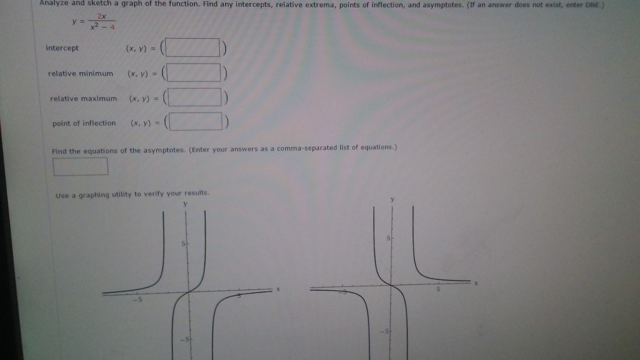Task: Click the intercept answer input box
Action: [196, 48]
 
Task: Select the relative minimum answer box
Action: [196, 73]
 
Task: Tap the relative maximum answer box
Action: [197, 98]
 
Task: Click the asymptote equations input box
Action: [81, 166]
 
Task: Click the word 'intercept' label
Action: [62, 48]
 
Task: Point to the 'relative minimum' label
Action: [81, 74]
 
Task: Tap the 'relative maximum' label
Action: [83, 99]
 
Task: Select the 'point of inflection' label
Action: [84, 123]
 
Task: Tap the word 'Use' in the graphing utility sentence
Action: [62, 194]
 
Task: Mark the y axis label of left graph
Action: [185, 203]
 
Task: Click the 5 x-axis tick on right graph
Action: [438, 290]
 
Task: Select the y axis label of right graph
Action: [392, 199]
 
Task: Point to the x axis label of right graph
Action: [476, 283]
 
